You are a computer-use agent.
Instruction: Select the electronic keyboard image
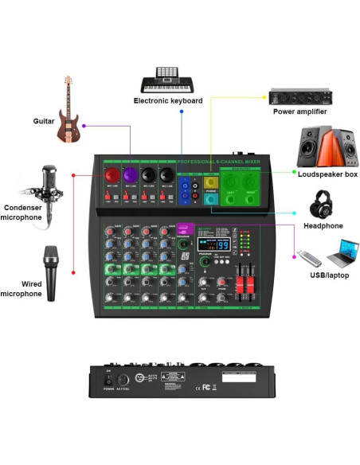click(x=167, y=80)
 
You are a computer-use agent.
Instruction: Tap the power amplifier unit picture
click(x=299, y=96)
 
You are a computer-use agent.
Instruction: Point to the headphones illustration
click(x=323, y=205)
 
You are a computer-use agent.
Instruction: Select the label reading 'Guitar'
click(x=44, y=121)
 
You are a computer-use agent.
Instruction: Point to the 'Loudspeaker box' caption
click(x=327, y=174)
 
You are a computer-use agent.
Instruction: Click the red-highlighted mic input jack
click(x=112, y=174)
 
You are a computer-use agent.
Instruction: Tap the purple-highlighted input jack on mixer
click(x=148, y=174)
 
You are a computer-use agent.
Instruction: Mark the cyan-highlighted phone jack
click(x=211, y=200)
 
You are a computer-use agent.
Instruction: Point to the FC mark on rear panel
click(x=205, y=387)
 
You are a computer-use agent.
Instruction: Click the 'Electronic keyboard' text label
click(x=168, y=101)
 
